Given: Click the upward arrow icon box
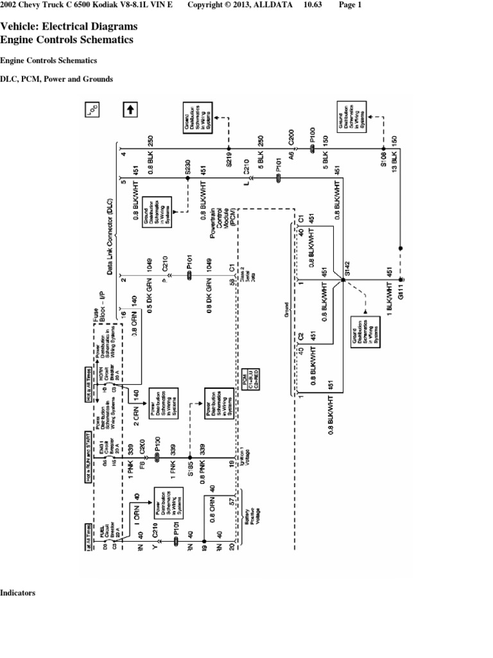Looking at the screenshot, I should (x=129, y=110).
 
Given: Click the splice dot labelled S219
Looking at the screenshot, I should (x=229, y=149).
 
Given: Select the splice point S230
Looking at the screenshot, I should (x=188, y=178).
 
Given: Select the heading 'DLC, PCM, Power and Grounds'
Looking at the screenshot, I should (x=56, y=79).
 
